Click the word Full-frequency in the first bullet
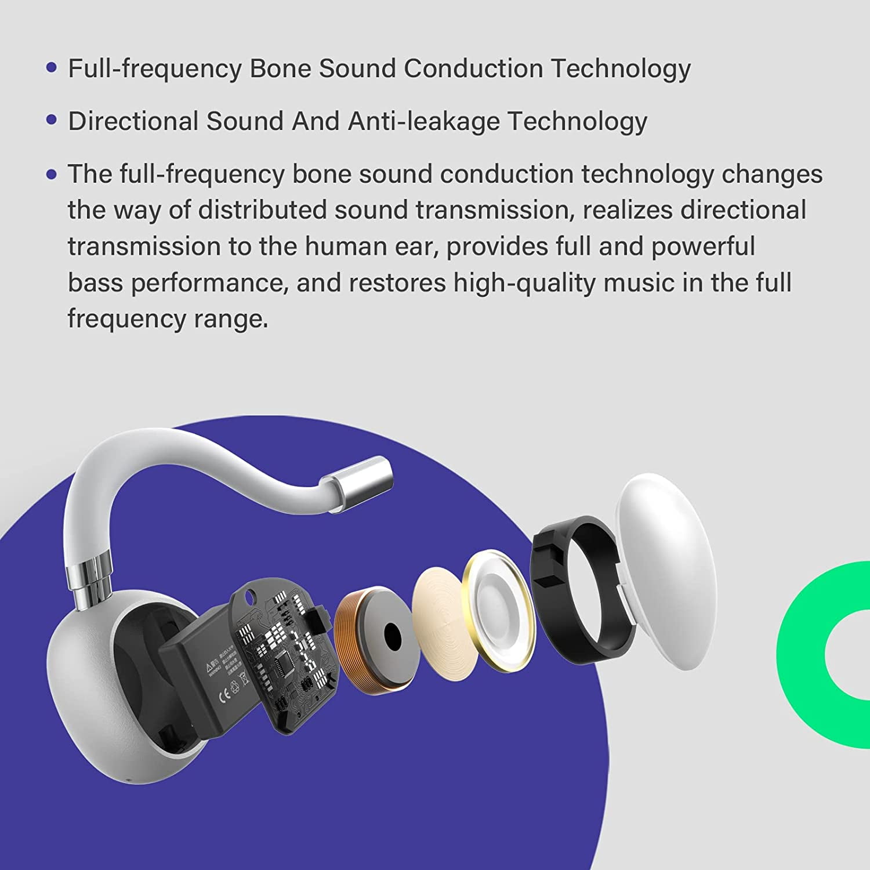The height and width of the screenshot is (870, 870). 154,69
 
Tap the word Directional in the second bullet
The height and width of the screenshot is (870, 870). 133,122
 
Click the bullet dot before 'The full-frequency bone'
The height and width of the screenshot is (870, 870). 52,174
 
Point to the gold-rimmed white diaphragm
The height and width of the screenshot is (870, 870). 499,609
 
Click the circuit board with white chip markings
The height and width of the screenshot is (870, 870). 284,655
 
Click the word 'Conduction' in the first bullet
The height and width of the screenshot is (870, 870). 473,69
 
